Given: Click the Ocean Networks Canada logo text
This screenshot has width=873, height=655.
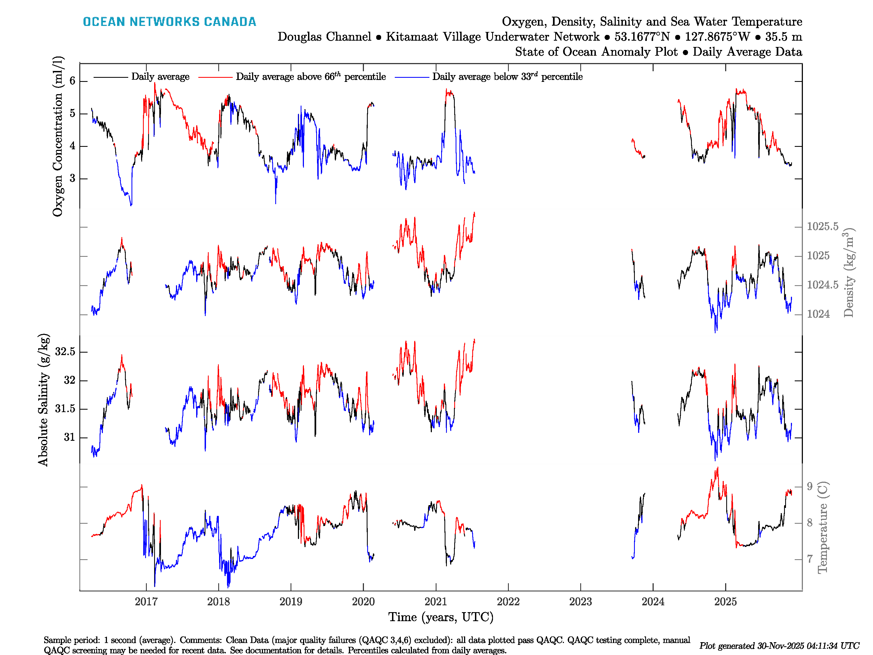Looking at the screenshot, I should coord(169,22).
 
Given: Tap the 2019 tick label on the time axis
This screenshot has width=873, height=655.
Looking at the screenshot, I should coord(291,602).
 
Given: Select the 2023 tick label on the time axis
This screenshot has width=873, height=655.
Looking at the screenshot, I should coord(580,602).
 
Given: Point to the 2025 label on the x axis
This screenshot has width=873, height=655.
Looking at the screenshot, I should coord(725,602).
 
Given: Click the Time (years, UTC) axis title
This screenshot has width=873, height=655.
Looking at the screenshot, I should coord(441,617).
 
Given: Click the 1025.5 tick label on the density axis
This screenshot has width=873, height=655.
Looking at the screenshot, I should coord(823,227).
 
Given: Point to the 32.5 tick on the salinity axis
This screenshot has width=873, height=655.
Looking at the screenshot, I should coord(65,352).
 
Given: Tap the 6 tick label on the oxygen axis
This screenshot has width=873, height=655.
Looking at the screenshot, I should coord(72,81).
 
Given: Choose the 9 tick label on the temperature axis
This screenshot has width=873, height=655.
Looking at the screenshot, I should coord(809,486).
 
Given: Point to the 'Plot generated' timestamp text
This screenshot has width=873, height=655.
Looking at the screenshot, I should coord(779,645).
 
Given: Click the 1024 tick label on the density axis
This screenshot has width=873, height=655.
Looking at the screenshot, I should coord(818,314).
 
